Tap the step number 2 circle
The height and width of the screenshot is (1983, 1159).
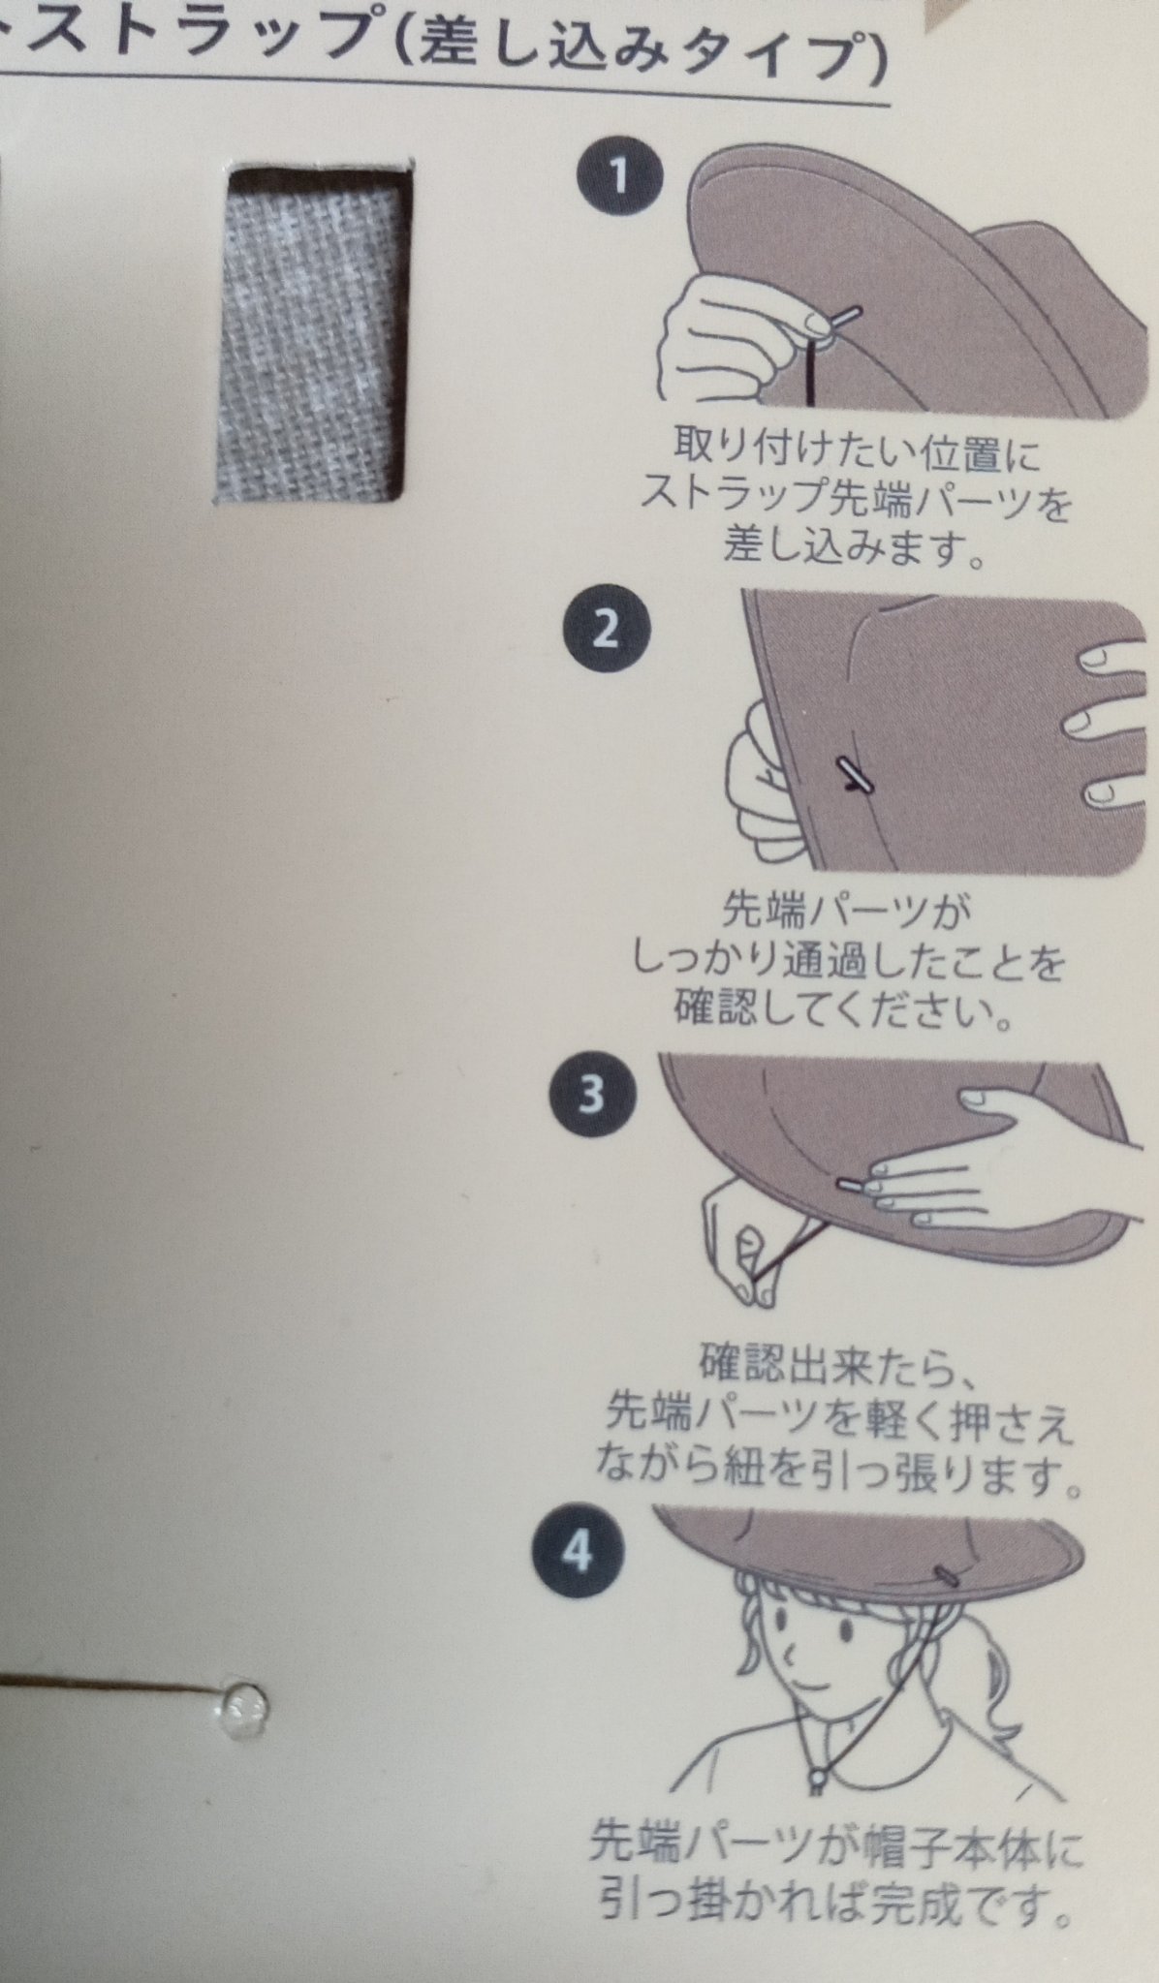point(605,631)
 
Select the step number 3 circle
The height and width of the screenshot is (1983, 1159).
point(590,1093)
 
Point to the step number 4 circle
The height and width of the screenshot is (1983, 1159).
point(577,1554)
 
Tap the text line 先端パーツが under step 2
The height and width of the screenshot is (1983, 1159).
point(846,912)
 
